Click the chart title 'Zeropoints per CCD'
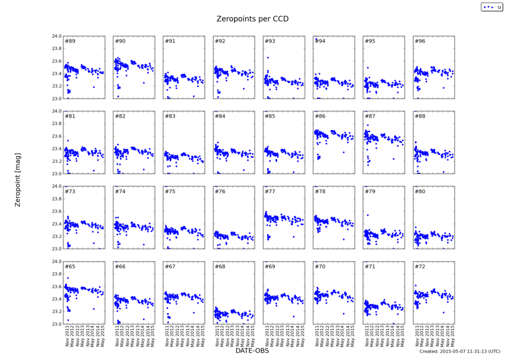pyautogui.click(x=252, y=19)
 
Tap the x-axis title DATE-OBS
pyautogui.click(x=252, y=351)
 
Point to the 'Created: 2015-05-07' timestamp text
pyautogui.click(x=460, y=352)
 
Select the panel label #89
pyautogui.click(x=70, y=41)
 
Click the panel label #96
pyautogui.click(x=420, y=41)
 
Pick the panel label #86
pyautogui.click(x=320, y=116)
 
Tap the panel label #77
pyautogui.click(x=270, y=192)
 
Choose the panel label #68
pyautogui.click(x=220, y=267)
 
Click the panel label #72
pyautogui.click(x=420, y=267)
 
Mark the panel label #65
pyautogui.click(x=70, y=267)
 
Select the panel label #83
pyautogui.click(x=170, y=116)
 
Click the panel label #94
pyautogui.click(x=320, y=41)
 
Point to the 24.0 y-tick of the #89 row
pyautogui.click(x=54, y=37)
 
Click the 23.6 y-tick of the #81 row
pyautogui.click(x=54, y=136)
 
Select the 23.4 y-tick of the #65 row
pyautogui.click(x=54, y=299)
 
